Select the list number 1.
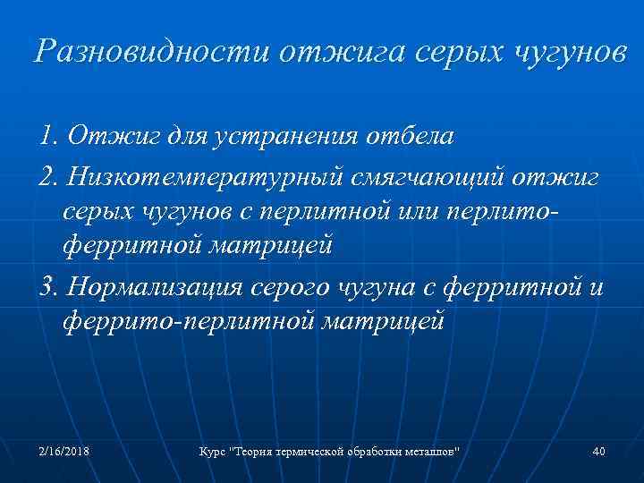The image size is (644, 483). pos(47,138)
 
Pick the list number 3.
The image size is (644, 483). pos(47,288)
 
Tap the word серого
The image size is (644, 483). pos(299,288)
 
